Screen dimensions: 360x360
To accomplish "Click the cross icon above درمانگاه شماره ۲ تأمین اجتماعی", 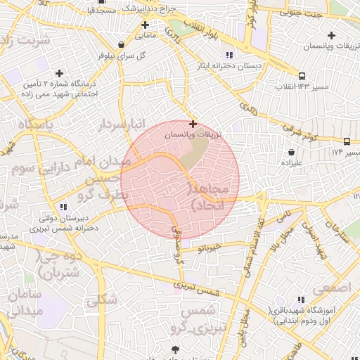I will [x=59, y=73].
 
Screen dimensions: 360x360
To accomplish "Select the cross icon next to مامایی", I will [x=145, y=25].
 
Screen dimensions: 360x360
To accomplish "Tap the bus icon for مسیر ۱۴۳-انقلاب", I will [x=302, y=76].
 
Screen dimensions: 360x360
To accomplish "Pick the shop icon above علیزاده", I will [x=291, y=152].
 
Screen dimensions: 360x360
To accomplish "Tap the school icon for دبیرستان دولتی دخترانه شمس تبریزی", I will [x=63, y=207].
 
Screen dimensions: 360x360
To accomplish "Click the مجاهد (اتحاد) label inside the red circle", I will [x=207, y=198].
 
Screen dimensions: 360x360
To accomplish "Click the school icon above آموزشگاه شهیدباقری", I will [x=301, y=300].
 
